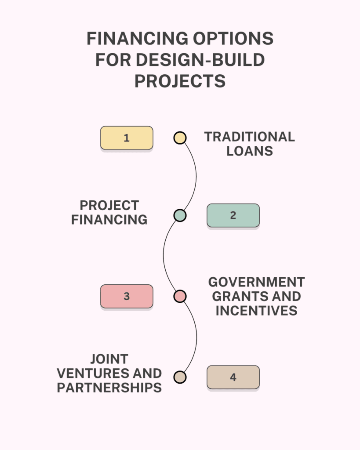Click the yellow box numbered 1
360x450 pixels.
coord(127,138)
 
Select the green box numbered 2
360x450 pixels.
coord(233,215)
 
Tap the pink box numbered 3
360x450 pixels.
coord(127,297)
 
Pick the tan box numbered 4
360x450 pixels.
coord(233,377)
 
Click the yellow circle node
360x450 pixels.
coord(180,138)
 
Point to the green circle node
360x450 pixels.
coord(180,215)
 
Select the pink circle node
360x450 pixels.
coord(180,297)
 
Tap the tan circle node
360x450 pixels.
coord(180,377)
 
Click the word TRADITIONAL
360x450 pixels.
coord(250,137)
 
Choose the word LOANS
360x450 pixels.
coord(250,151)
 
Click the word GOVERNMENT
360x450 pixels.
coord(256,282)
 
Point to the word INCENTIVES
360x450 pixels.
coord(256,311)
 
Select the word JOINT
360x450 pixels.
coord(109,359)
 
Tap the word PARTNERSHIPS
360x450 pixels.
coord(109,388)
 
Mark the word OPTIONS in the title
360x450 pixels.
coord(233,39)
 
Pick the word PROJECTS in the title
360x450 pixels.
coord(180,81)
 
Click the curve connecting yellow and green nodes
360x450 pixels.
coord(196,177)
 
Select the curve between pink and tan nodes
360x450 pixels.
coord(196,337)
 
